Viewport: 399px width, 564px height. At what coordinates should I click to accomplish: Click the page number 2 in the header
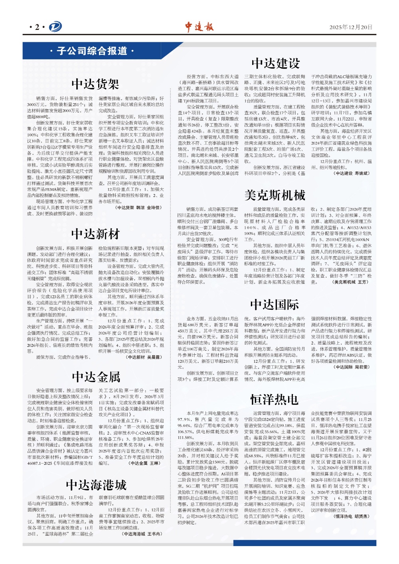tap(37, 27)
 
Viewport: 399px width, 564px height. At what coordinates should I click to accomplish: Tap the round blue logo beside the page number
tap(55, 27)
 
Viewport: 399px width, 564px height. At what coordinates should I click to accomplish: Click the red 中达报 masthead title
tap(199, 27)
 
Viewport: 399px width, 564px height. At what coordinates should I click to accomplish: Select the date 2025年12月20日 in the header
tap(351, 27)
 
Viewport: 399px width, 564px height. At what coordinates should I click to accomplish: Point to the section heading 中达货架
tap(95, 84)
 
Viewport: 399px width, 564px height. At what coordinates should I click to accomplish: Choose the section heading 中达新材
tap(95, 234)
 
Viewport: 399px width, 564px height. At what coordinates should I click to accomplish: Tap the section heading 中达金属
tap(96, 377)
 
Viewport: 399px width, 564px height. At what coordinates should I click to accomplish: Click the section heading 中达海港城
tap(96, 485)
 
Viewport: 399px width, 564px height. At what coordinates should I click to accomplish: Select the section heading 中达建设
tap(275, 63)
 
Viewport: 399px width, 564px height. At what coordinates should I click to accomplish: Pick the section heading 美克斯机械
tap(275, 195)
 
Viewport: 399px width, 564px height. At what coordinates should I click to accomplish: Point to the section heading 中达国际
tap(275, 305)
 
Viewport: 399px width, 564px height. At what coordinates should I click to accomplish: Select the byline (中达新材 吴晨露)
tap(144, 357)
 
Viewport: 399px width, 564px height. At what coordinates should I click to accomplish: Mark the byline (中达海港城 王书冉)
tap(142, 534)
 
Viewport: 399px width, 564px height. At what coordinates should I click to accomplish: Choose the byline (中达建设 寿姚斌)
tap(352, 173)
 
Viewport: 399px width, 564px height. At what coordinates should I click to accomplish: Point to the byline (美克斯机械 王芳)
tap(350, 282)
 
